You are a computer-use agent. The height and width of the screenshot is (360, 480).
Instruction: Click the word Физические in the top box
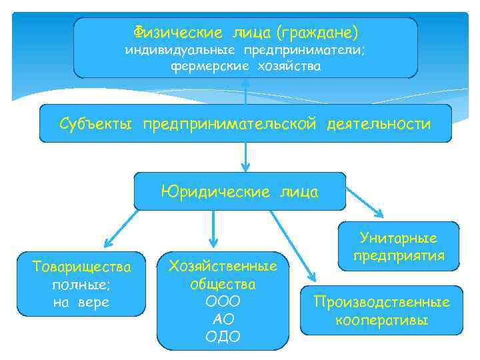click(x=178, y=31)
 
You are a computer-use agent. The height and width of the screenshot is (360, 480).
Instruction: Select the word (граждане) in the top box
click(x=317, y=31)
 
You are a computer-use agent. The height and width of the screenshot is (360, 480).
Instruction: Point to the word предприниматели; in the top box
click(x=304, y=50)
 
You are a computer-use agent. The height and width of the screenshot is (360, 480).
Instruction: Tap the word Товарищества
click(x=82, y=267)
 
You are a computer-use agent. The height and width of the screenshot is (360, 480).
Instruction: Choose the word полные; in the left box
click(x=82, y=285)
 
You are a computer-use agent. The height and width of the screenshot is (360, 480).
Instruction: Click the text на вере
click(x=82, y=302)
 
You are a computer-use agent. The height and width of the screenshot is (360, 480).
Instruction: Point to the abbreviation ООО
click(x=223, y=301)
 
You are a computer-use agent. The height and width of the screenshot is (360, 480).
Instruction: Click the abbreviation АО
click(x=223, y=319)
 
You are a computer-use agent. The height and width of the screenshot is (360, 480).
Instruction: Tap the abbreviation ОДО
click(x=223, y=336)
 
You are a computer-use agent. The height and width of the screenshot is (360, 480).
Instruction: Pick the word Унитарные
click(x=399, y=238)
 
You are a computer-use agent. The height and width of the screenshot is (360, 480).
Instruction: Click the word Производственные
click(x=382, y=302)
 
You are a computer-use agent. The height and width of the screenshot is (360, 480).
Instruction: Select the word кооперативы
click(x=382, y=320)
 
